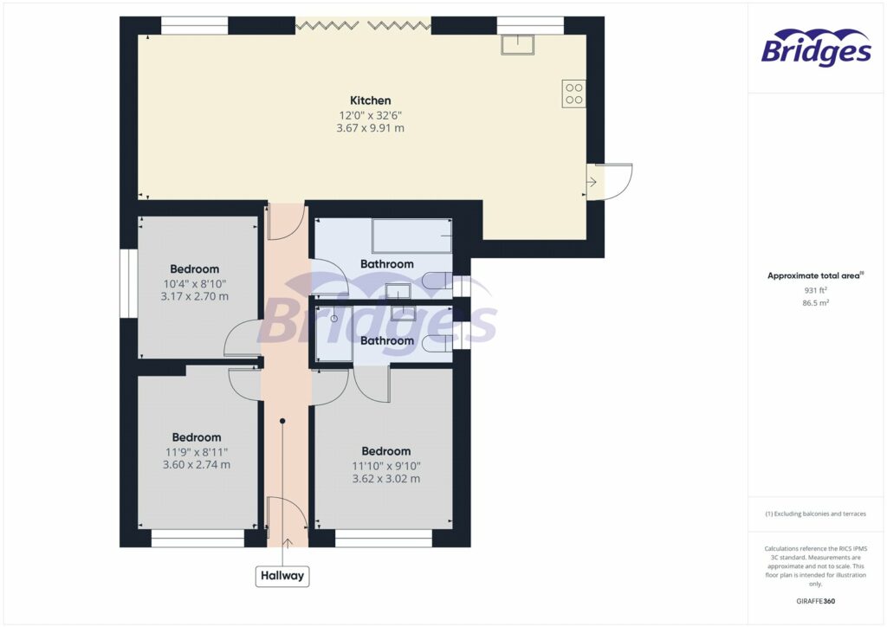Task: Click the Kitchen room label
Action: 370,100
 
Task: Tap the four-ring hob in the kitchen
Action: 573,92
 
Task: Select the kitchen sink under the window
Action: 518,44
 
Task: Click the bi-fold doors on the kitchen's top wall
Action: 363,26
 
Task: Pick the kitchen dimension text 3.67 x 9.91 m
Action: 370,128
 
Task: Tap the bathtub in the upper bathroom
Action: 411,235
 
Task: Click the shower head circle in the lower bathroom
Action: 333,320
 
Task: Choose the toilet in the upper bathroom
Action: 438,281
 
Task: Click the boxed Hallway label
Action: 282,575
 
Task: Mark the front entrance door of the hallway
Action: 286,520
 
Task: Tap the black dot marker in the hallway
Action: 282,422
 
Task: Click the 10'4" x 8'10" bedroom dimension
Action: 194,282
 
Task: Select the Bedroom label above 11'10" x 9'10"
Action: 385,451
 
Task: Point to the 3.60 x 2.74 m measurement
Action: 196,464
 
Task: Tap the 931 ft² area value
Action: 814,291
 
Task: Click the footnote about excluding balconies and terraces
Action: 814,514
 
